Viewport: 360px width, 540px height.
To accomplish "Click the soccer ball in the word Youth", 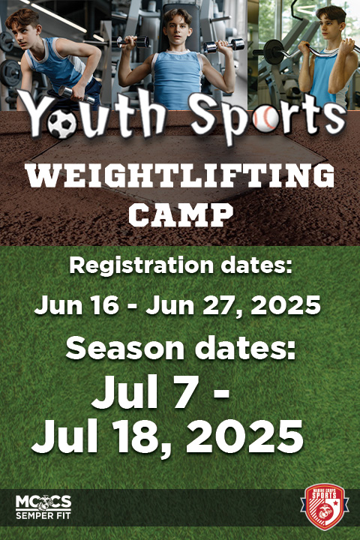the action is tap(61, 123).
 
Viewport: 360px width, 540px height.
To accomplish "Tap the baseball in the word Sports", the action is tap(265, 118).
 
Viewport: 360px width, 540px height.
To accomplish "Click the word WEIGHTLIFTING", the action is tap(181, 176).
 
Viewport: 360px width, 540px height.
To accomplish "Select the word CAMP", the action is tap(181, 215).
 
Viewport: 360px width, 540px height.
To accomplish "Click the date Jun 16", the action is tap(76, 304).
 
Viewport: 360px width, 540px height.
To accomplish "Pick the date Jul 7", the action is tap(144, 391).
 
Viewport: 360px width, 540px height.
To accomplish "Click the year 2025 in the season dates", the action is tap(244, 436).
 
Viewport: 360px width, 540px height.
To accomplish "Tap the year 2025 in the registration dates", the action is tap(286, 305).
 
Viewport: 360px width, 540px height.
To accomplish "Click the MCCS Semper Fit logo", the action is tap(43, 507).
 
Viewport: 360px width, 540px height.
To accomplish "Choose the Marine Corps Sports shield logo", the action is tap(324, 506).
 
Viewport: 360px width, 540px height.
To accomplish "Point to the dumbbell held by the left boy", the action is tap(76, 94).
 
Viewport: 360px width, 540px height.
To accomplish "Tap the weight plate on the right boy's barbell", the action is tap(274, 51).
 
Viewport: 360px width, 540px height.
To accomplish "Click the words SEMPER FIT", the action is tap(43, 516).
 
